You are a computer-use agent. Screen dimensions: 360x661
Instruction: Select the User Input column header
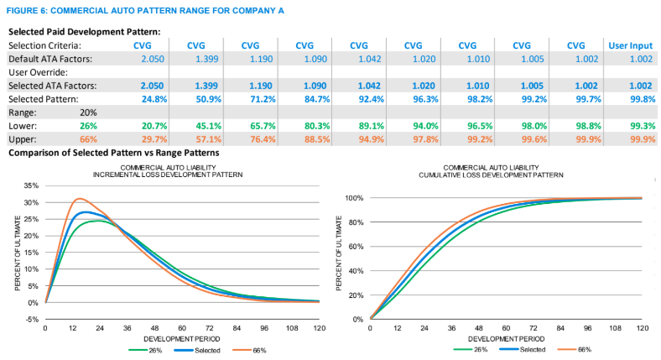click(630, 45)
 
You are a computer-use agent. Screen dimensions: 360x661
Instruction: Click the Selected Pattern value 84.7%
click(304, 98)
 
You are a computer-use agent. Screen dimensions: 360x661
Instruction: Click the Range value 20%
click(91, 112)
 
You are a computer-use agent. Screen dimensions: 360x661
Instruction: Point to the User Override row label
click(38, 73)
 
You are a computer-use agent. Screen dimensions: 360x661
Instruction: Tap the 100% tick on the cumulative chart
click(353, 198)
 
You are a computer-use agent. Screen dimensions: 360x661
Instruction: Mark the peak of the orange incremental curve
click(80, 199)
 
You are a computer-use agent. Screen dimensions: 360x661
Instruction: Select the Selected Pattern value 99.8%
click(630, 98)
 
